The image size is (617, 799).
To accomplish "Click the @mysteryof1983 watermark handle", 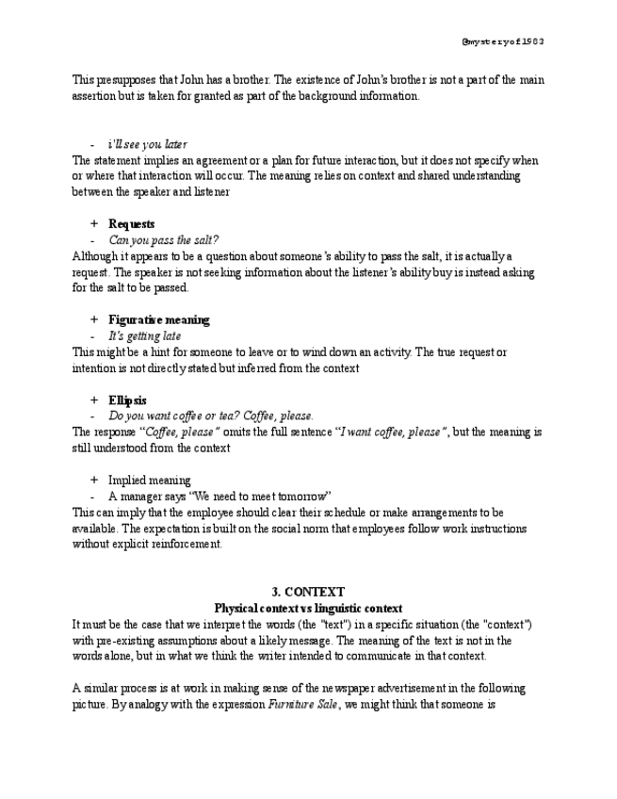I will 503,41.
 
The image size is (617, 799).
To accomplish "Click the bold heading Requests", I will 132,224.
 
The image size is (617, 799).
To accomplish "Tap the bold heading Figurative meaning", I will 158,320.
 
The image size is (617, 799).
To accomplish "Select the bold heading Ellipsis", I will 127,400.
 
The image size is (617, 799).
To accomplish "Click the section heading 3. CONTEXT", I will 308,593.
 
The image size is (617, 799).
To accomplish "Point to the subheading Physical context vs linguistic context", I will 308,609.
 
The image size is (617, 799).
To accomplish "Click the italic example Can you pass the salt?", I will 163,240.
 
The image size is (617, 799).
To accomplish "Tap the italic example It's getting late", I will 144,336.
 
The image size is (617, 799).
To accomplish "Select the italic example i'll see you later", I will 147,144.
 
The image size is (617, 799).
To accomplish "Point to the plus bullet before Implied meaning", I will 94,481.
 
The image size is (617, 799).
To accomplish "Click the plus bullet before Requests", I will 94,224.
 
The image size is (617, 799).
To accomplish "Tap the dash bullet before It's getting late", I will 93,336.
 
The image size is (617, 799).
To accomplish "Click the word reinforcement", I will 186,545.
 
